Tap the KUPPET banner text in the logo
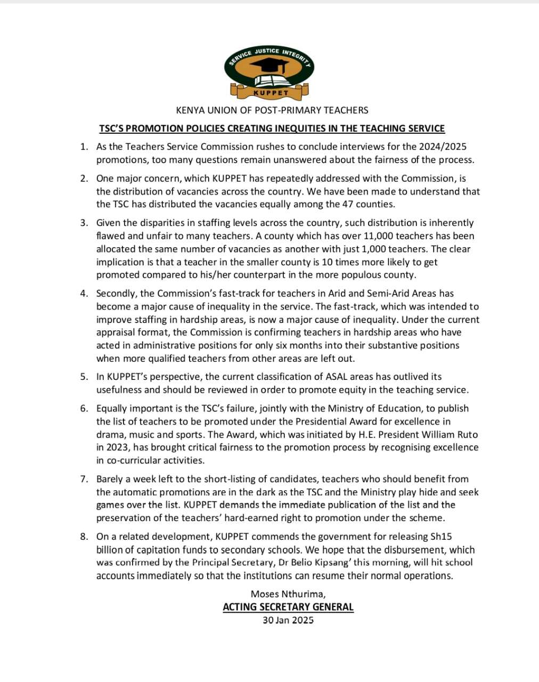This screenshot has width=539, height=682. point(271,93)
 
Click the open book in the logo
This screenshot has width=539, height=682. point(270,81)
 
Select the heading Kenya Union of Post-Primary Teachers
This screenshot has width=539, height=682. point(272,110)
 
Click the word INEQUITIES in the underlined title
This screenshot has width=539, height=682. point(303,128)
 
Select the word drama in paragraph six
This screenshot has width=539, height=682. point(110,435)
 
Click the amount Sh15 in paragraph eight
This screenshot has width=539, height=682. point(440,537)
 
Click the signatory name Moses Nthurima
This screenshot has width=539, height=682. point(288,594)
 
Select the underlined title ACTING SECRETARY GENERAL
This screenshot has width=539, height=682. point(288,607)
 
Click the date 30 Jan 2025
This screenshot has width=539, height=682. point(288,620)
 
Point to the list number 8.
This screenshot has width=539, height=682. point(84,537)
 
